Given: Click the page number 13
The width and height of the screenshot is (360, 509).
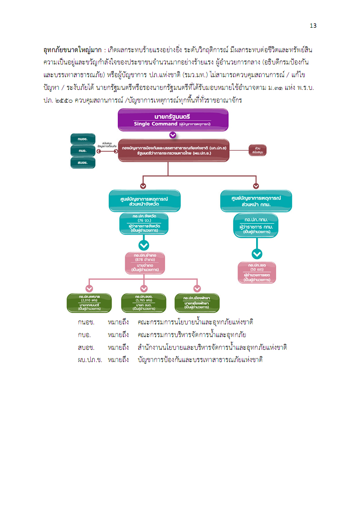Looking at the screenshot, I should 313,25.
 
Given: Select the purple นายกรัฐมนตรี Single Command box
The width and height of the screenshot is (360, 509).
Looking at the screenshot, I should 173,120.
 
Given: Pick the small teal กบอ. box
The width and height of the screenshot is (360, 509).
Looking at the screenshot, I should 83,151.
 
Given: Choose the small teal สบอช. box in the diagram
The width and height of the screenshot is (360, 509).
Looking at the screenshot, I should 83,162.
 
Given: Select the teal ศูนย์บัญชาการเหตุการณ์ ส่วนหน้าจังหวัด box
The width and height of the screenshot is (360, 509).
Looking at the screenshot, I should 145,201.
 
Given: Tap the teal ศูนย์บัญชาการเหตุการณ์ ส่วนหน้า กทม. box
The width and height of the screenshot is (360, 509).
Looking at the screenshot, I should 256,201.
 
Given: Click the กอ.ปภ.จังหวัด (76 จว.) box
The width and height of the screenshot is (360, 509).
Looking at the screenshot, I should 144,224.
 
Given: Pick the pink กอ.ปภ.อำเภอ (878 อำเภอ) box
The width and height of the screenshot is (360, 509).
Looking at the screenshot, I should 144,263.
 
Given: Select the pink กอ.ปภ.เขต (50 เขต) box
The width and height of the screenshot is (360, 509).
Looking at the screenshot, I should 257,272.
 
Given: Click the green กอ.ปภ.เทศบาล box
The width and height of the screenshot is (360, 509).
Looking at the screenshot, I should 89,303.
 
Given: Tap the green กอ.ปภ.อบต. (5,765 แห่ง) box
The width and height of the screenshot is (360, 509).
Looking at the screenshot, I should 144,303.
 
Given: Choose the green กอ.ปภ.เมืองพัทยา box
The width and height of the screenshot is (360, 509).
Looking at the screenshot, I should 197,303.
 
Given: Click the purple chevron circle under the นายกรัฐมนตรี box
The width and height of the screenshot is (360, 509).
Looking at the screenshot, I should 172,135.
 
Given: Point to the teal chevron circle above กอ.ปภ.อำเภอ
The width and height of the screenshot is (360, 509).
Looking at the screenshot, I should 144,245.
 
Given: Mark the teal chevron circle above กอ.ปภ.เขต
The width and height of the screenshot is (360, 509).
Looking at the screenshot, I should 257,254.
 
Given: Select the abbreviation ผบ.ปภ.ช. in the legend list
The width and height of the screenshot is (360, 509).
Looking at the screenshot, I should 90,360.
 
